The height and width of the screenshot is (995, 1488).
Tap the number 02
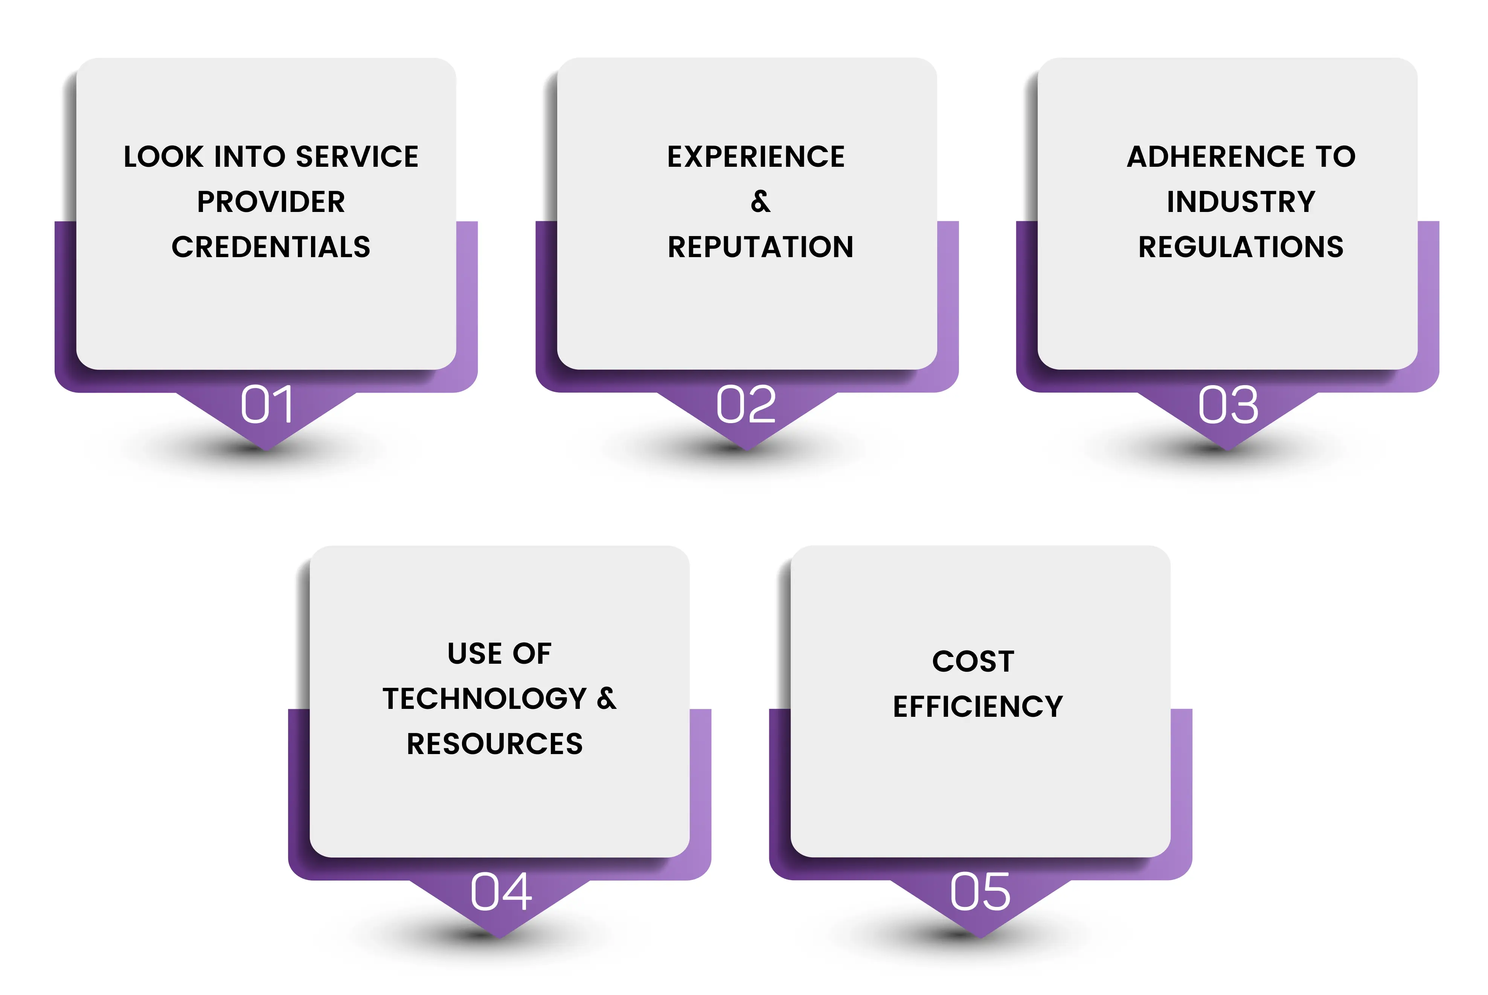pyautogui.click(x=746, y=404)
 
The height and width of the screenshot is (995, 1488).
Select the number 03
pyautogui.click(x=1228, y=404)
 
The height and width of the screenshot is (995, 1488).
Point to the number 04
pyautogui.click(x=501, y=891)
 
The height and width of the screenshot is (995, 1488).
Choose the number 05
pyautogui.click(x=980, y=891)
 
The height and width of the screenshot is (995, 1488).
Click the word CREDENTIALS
pyautogui.click(x=271, y=247)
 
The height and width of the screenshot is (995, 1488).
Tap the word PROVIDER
pyautogui.click(x=271, y=202)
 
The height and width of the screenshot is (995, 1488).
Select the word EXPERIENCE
pyautogui.click(x=756, y=157)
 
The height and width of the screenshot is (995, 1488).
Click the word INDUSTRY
pyautogui.click(x=1241, y=202)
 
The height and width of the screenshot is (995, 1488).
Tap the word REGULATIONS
pyautogui.click(x=1241, y=247)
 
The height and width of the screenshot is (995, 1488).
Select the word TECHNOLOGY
pyautogui.click(x=484, y=699)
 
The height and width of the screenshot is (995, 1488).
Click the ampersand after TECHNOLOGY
pyautogui.click(x=607, y=699)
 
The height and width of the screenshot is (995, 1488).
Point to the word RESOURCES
pyautogui.click(x=495, y=744)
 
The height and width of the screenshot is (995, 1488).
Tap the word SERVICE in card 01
pyautogui.click(x=357, y=157)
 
